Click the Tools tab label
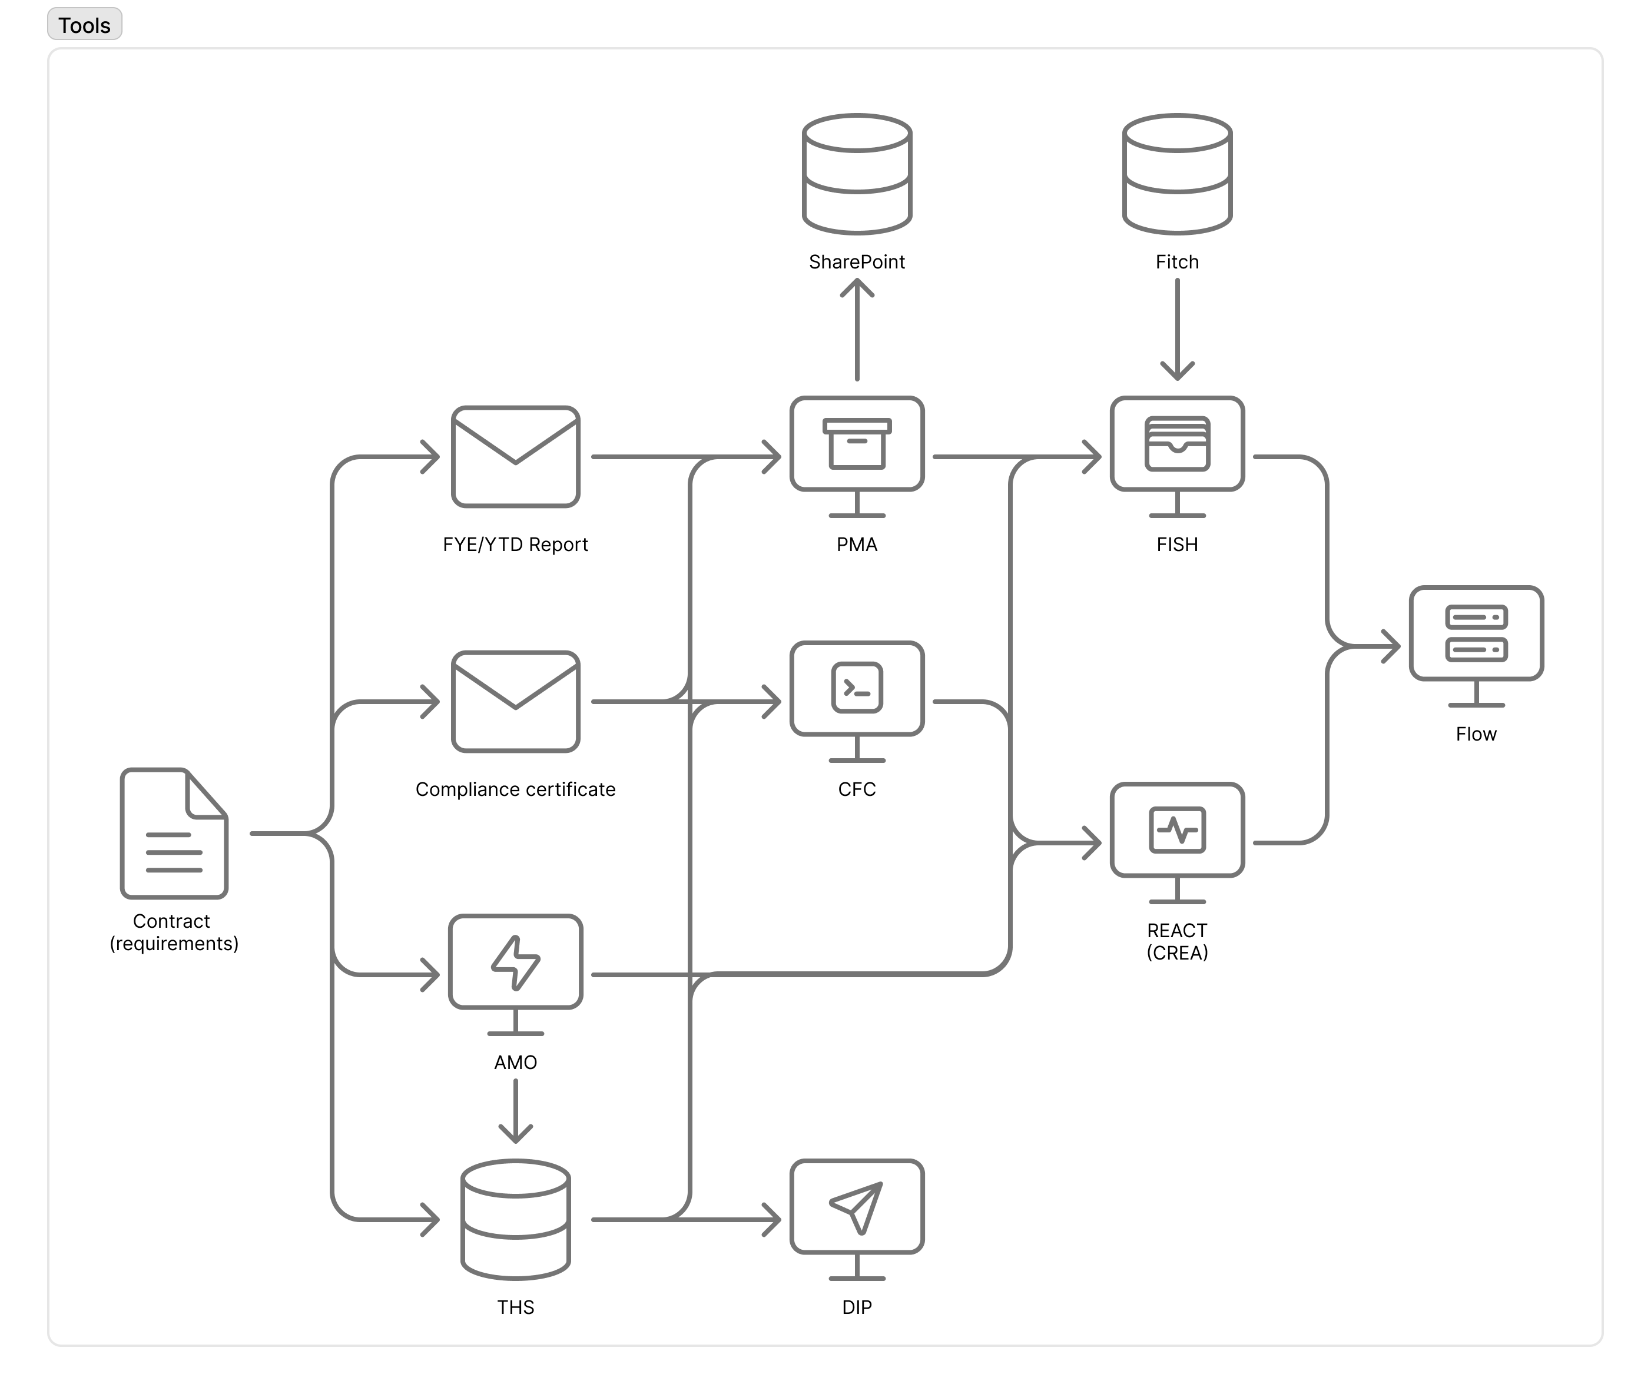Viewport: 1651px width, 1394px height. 85,25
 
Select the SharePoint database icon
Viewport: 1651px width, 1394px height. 857,174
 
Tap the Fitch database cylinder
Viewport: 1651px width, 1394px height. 1177,174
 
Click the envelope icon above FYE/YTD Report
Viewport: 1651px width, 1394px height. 515,457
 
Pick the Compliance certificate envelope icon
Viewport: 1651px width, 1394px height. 515,702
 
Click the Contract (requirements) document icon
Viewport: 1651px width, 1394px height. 174,833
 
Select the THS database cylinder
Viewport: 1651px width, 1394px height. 515,1219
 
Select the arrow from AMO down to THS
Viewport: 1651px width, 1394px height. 515,1111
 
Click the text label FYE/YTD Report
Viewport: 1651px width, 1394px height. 515,545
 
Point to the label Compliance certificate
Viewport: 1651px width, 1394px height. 515,789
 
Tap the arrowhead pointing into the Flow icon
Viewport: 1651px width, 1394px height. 1391,646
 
